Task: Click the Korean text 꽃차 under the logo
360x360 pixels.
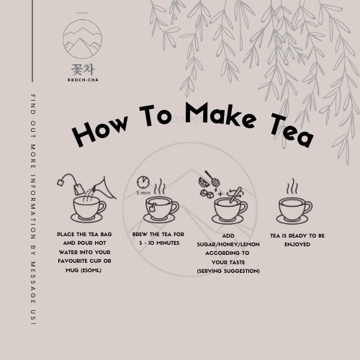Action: tap(83, 70)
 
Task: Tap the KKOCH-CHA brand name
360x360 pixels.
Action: tap(83, 80)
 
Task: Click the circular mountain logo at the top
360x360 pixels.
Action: tap(82, 39)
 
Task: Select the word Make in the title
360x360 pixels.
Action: tap(220, 114)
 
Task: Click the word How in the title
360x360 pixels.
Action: tap(100, 130)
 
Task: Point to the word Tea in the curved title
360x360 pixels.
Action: tap(292, 130)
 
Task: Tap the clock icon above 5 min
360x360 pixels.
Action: tap(143, 183)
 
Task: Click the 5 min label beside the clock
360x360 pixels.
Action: tap(143, 192)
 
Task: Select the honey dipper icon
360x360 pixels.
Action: tap(212, 179)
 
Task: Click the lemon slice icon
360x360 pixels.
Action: tap(204, 182)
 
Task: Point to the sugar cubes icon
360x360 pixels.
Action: tap(207, 194)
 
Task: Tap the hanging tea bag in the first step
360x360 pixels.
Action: tap(78, 189)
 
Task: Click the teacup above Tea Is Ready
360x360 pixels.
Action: tap(293, 211)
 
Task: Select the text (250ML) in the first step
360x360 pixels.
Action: tap(91, 270)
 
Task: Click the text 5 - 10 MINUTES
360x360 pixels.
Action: tap(159, 243)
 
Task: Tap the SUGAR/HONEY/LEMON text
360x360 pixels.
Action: tap(228, 244)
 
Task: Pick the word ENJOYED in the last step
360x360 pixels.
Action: tap(297, 244)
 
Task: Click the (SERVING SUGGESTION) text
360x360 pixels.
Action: tap(228, 271)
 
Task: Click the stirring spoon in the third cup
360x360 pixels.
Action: tap(235, 195)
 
